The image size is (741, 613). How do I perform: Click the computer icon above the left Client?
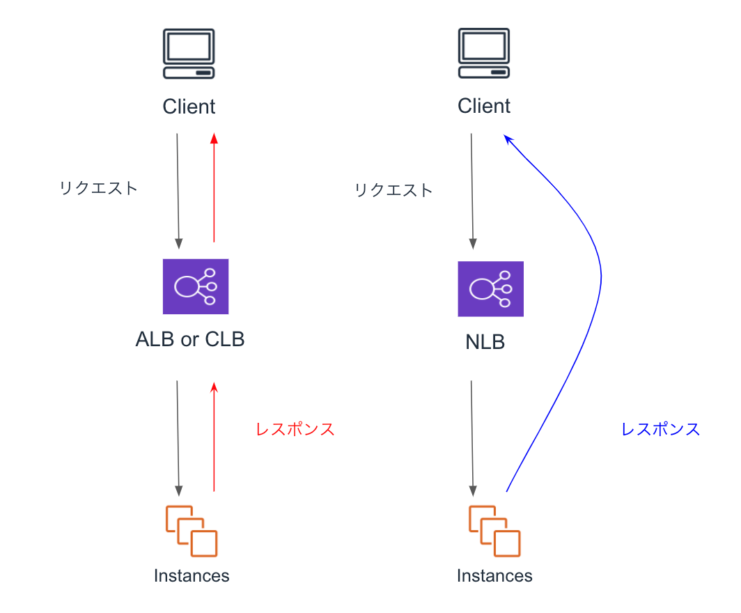tap(189, 54)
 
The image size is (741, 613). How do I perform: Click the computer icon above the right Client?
tap(484, 54)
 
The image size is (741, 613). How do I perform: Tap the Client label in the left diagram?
tap(189, 107)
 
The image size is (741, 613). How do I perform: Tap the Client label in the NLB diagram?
tap(484, 106)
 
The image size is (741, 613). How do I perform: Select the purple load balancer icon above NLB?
tap(490, 289)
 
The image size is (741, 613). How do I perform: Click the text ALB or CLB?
tap(190, 340)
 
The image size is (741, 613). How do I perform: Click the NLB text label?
tap(485, 343)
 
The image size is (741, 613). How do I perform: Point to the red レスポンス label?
tap(295, 430)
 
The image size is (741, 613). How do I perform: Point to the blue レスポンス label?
tap(660, 429)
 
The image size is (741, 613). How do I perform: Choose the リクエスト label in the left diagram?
tap(99, 188)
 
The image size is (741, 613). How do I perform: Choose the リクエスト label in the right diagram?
tap(393, 190)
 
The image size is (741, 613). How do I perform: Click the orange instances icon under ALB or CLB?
tap(192, 531)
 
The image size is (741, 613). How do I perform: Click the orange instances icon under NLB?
tap(494, 531)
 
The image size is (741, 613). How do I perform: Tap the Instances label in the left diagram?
tap(192, 576)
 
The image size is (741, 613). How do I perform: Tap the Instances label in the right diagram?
tap(494, 576)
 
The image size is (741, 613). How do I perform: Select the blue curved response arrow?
tap(600, 279)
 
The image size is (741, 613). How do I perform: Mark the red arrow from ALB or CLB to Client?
tap(214, 188)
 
